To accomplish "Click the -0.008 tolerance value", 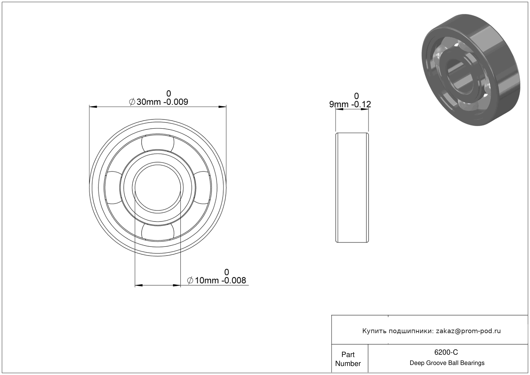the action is (x=234, y=280).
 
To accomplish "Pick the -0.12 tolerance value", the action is (x=361, y=104).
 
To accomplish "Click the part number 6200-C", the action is (x=446, y=352).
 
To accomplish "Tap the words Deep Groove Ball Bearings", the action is (x=447, y=363).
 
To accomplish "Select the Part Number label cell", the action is (x=348, y=359).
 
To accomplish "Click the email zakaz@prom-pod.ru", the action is (x=468, y=331).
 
